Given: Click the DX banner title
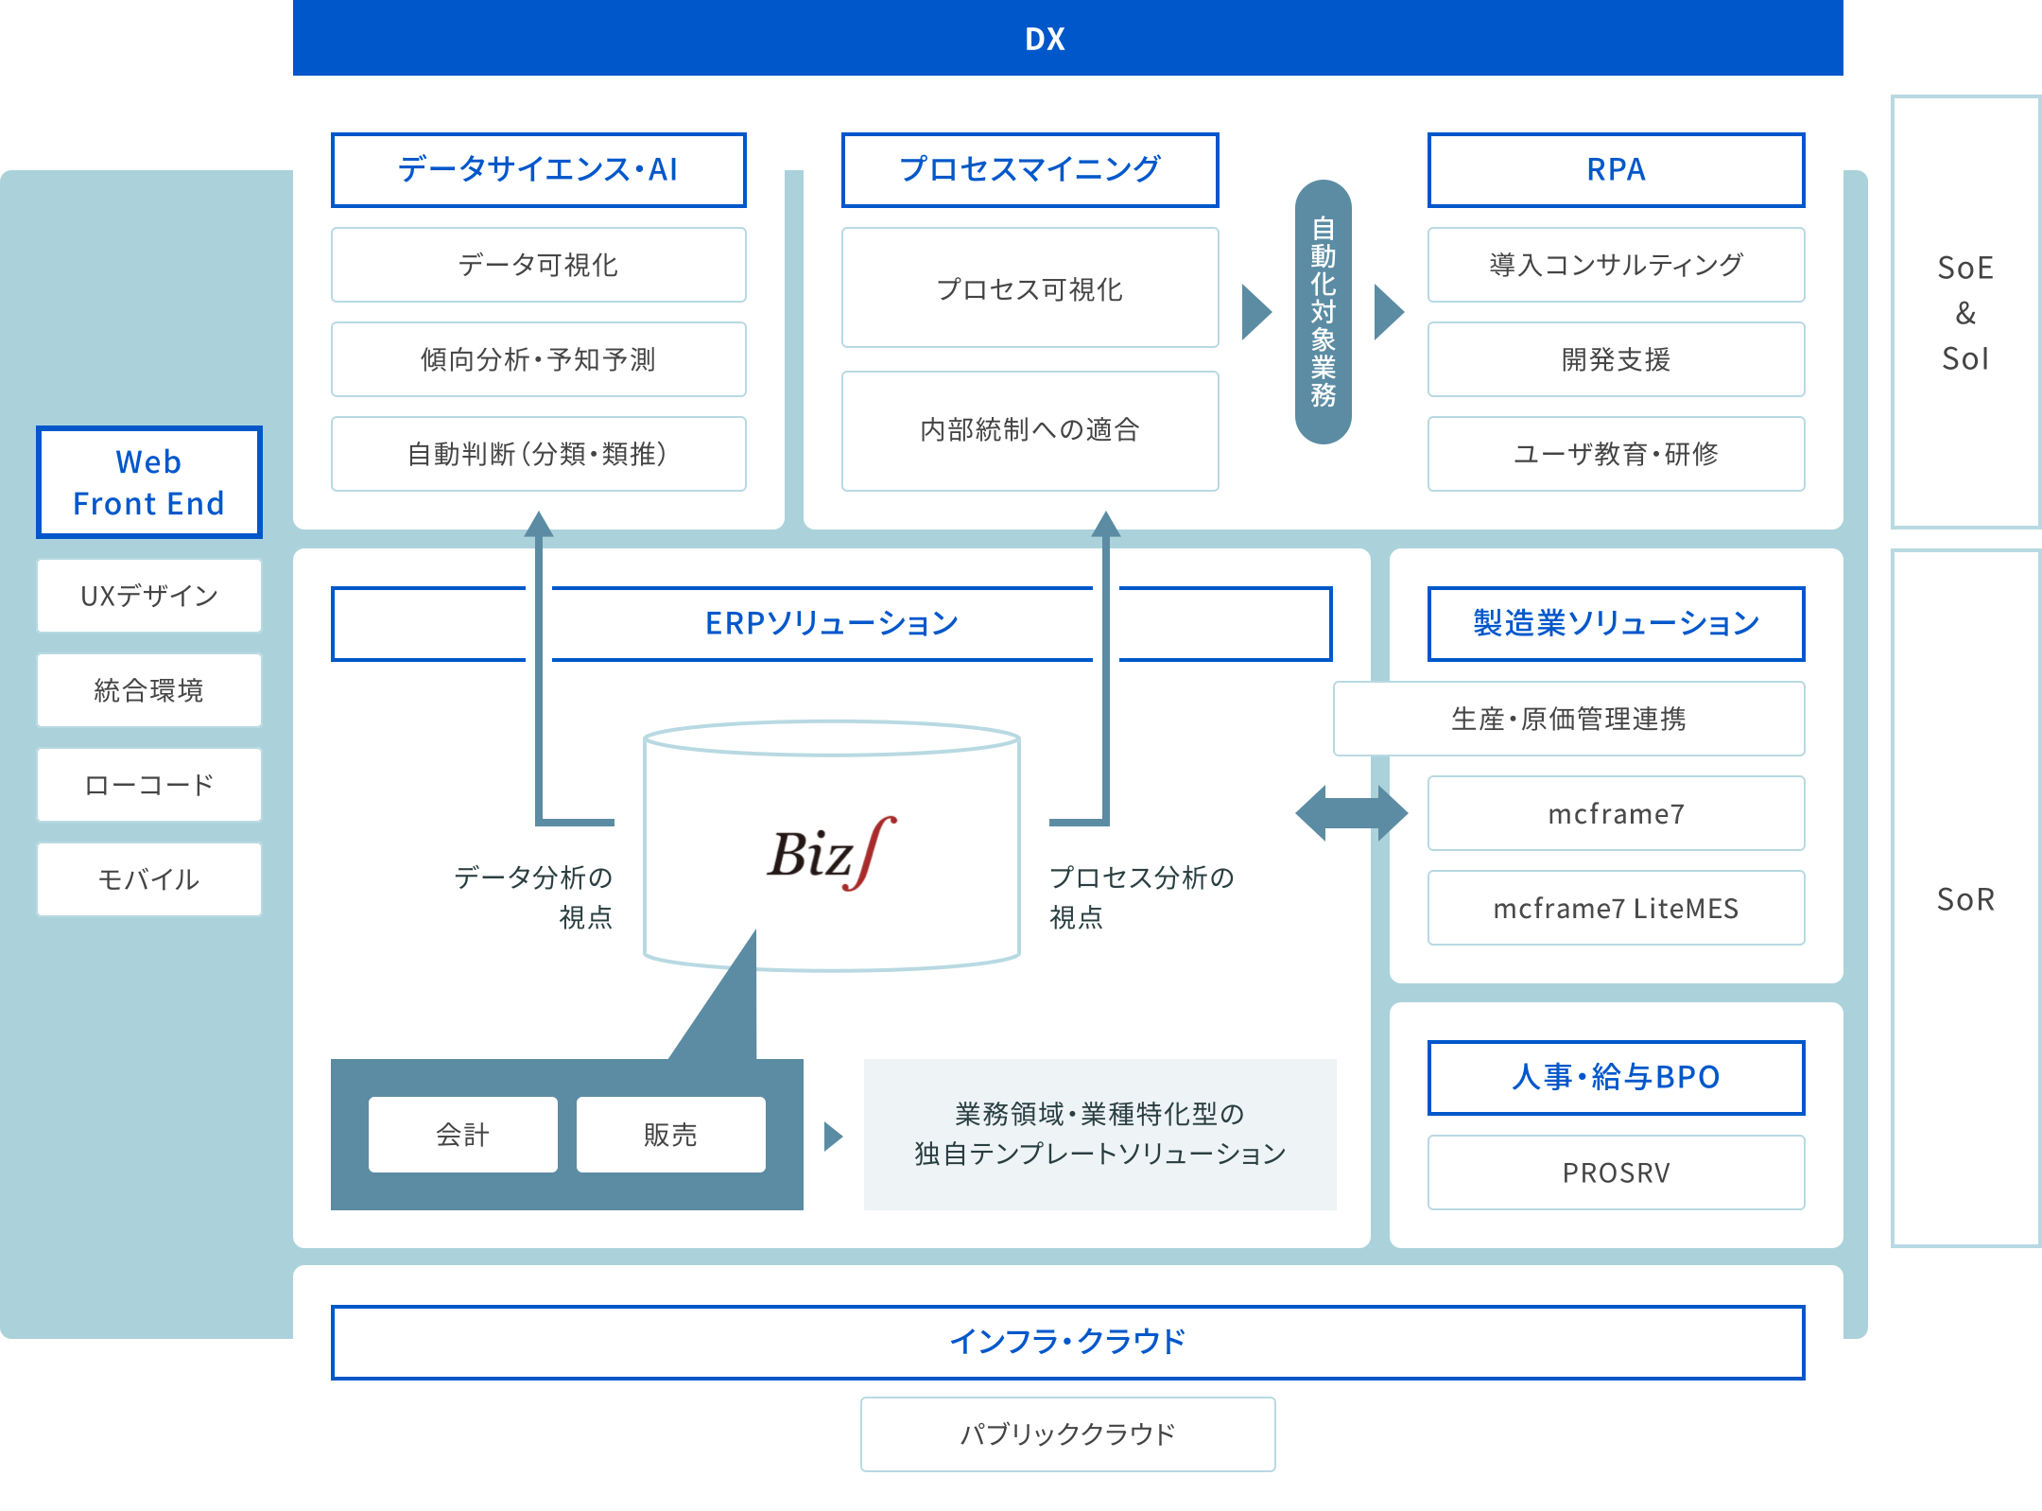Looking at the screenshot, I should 1045,39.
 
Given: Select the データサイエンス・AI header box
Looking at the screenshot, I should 538,170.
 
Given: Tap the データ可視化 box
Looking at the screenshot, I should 538,265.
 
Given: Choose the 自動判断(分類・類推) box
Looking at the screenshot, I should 538,454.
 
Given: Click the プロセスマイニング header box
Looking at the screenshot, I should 1030,170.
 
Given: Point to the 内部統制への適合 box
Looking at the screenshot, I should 1030,430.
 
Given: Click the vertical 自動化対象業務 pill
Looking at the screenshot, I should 1323,312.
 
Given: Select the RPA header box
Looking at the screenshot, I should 1616,170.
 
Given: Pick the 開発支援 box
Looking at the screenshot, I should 1616,359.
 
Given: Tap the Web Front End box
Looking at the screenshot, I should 149,482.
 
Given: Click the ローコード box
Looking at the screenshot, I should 149,785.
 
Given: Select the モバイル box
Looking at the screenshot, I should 149,879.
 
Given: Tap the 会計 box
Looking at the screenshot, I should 462,1135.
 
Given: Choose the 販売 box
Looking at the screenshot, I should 670,1135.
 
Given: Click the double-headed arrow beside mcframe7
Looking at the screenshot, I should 1351,813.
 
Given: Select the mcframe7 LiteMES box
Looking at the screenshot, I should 1616,908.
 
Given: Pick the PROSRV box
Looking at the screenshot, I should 1616,1172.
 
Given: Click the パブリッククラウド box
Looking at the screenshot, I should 1067,1434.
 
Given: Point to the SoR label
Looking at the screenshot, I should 1965,899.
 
